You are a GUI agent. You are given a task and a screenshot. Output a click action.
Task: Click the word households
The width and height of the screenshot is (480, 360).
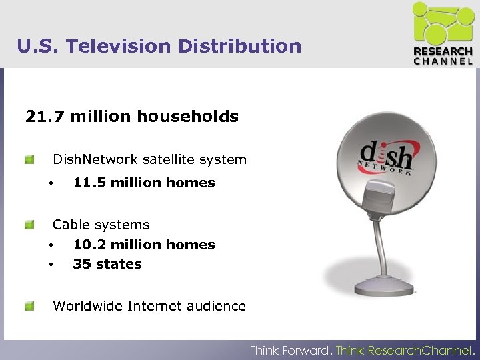[187, 117]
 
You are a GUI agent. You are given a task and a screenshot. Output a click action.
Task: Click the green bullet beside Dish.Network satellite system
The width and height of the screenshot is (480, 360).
[29, 160]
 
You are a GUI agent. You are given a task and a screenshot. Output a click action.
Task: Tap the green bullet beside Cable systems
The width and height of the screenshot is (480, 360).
[29, 225]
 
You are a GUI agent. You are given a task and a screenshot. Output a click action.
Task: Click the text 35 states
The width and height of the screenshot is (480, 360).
[107, 265]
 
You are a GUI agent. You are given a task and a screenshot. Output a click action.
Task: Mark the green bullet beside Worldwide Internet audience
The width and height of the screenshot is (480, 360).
[29, 307]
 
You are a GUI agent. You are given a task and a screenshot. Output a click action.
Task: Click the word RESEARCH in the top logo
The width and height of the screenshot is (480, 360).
[443, 51]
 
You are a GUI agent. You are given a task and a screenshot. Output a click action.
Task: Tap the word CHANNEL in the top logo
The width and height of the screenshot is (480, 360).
[443, 61]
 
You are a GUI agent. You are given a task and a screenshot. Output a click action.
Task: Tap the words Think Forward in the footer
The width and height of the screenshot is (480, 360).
[291, 350]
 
